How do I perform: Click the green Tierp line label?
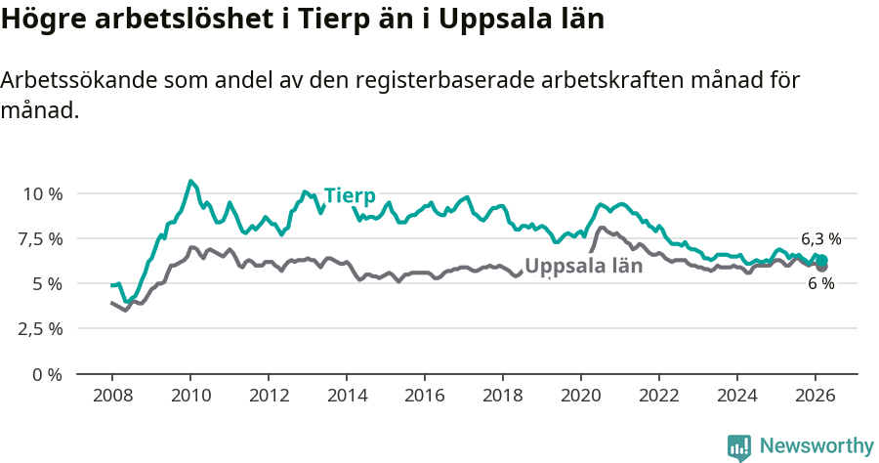350,194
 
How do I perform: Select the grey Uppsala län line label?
583,266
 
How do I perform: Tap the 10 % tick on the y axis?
43,193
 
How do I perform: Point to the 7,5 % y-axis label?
43,238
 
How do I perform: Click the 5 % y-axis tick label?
49,283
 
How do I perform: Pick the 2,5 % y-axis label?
43,328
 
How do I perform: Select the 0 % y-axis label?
49,373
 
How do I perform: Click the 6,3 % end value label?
820,238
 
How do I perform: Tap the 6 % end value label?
820,283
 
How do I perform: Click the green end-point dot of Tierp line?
822,260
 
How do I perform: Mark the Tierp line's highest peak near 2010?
190,181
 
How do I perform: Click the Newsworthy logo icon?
739,447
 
